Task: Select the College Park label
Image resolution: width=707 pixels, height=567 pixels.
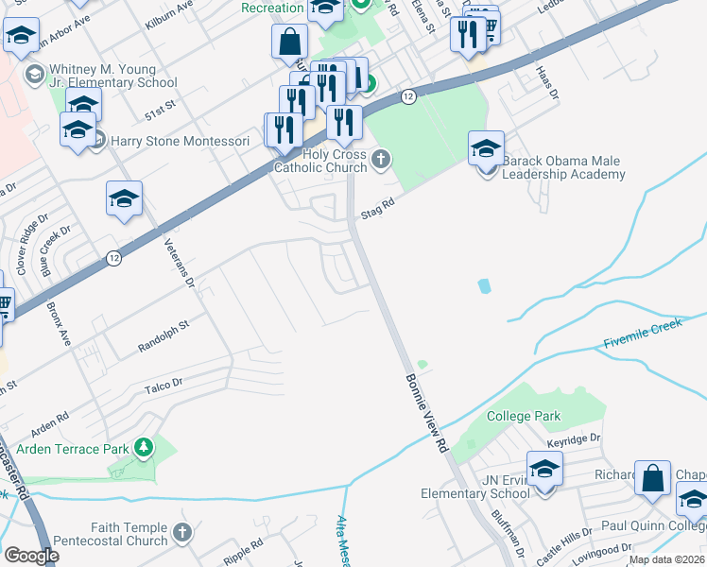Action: [x=524, y=416]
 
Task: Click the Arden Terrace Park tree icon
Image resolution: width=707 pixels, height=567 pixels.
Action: [x=144, y=446]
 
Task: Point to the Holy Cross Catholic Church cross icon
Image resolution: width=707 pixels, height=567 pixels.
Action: [x=381, y=158]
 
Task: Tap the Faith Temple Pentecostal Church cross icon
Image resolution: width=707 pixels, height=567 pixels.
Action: [x=182, y=533]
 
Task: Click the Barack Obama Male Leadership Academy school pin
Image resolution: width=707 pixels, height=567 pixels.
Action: [x=487, y=150]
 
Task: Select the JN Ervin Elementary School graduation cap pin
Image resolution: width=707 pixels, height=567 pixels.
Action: [x=544, y=471]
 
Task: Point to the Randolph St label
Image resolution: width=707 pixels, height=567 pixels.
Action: [x=164, y=333]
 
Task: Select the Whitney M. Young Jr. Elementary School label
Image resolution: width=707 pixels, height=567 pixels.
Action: [x=114, y=76]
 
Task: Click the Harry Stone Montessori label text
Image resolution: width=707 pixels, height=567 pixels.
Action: [x=180, y=141]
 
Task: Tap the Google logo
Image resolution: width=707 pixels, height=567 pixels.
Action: [x=32, y=556]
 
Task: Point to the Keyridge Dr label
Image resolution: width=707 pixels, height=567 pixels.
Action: [x=574, y=439]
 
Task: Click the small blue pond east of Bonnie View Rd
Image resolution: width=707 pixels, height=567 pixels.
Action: [x=485, y=284]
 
